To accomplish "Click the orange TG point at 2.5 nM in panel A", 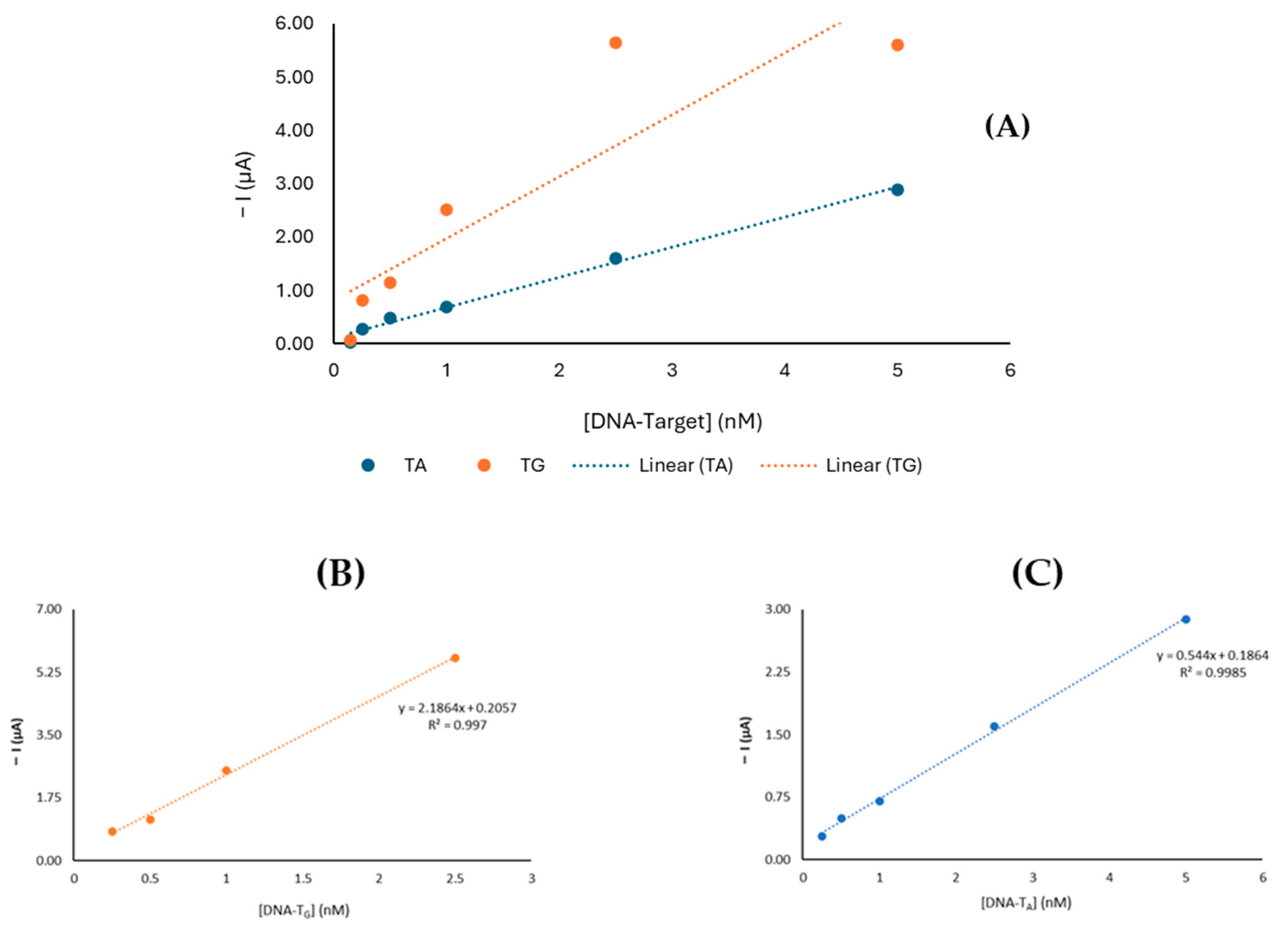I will [x=616, y=43].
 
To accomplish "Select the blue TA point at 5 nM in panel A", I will [x=897, y=190].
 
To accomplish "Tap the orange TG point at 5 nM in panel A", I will [x=897, y=45].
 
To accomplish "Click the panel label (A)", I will [x=1007, y=127].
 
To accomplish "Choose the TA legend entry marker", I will [x=368, y=465].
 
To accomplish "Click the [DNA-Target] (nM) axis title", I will [x=673, y=422].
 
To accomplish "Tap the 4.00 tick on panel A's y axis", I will [x=294, y=131].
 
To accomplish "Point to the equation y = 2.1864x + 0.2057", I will [x=457, y=708].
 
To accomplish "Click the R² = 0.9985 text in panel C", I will [x=1213, y=673].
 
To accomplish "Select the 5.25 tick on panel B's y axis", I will [x=49, y=672].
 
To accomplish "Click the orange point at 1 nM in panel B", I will [x=227, y=771].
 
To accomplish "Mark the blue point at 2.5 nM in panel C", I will [x=994, y=726].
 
